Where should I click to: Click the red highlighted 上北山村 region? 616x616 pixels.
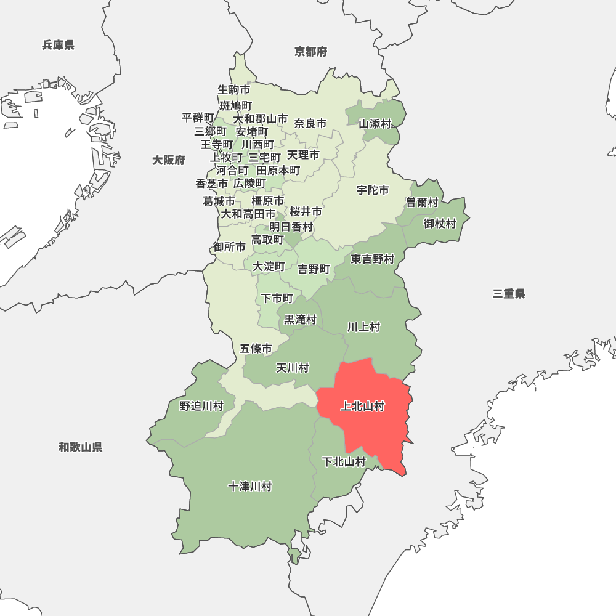click(370, 419)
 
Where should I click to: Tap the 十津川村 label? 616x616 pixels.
click(249, 487)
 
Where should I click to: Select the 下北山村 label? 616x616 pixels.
click(344, 461)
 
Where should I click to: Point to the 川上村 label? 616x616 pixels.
click(363, 326)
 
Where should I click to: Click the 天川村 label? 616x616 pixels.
click(292, 368)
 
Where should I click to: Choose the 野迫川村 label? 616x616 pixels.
click(201, 406)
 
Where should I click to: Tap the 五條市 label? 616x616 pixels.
click(256, 349)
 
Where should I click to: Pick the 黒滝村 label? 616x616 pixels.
click(300, 319)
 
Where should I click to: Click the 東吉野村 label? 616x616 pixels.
click(373, 259)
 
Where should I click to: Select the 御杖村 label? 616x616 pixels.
click(440, 223)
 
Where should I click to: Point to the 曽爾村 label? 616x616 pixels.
click(422, 202)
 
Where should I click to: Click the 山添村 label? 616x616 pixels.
click(375, 124)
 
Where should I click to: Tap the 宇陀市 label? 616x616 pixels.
click(373, 190)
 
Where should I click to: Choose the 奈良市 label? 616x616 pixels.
click(310, 123)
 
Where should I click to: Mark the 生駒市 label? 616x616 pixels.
click(234, 89)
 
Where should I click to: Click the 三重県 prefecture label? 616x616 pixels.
click(509, 294)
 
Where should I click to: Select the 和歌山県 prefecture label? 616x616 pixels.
click(81, 447)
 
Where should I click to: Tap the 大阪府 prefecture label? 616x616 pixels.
click(169, 160)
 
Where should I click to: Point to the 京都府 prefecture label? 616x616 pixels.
click(311, 52)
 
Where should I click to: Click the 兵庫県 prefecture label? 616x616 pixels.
click(59, 44)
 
